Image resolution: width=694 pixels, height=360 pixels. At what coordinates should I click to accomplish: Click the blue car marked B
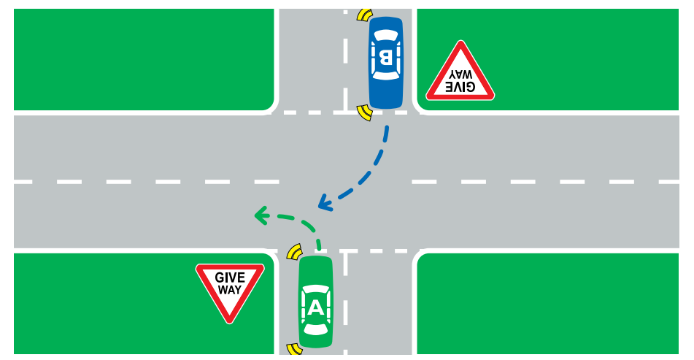coord(385,62)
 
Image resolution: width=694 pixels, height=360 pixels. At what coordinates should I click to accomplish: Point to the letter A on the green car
coord(315,307)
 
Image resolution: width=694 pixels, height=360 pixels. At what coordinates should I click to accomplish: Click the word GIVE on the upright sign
coord(230,277)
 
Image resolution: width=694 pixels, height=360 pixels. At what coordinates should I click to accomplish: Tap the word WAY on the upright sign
coord(230,290)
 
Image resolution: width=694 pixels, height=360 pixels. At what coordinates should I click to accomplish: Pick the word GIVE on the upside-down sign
coord(460,87)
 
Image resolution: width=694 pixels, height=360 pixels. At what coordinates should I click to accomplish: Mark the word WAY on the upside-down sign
coord(460,74)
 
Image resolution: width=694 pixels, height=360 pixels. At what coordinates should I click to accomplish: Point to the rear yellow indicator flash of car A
coord(295,350)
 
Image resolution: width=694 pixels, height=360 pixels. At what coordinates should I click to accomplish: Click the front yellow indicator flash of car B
coord(363,112)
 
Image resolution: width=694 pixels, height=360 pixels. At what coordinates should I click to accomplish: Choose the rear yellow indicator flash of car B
coord(363,14)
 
